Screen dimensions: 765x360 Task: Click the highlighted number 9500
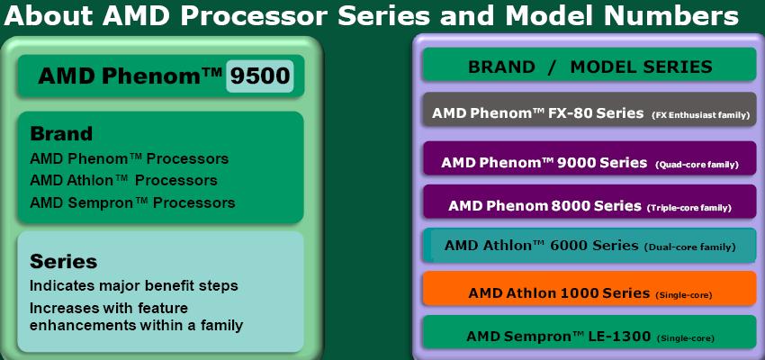click(x=259, y=76)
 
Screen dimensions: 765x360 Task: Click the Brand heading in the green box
click(x=61, y=133)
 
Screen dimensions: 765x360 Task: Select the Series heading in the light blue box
click(x=63, y=262)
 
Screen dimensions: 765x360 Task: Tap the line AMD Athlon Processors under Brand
click(x=123, y=180)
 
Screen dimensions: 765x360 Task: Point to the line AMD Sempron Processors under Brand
click(x=132, y=202)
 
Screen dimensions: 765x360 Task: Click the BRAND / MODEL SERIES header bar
click(x=589, y=65)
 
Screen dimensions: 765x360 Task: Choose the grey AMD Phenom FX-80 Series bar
click(x=589, y=110)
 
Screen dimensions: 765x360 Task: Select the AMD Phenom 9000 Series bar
click(x=589, y=158)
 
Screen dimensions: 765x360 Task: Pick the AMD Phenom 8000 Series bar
click(x=589, y=202)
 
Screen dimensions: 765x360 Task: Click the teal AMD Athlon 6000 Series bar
click(x=589, y=245)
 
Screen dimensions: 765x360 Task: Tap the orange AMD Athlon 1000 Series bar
click(x=589, y=288)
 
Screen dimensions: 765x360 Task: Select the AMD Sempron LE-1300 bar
click(x=589, y=332)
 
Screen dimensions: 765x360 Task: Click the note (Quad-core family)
click(x=697, y=165)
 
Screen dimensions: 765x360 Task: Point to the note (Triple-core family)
click(x=688, y=208)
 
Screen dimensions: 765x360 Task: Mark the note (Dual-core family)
click(x=690, y=247)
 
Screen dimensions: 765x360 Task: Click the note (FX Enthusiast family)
click(x=700, y=115)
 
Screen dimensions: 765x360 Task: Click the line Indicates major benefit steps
click(x=134, y=285)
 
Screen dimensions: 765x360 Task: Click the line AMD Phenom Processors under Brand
click(x=130, y=158)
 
